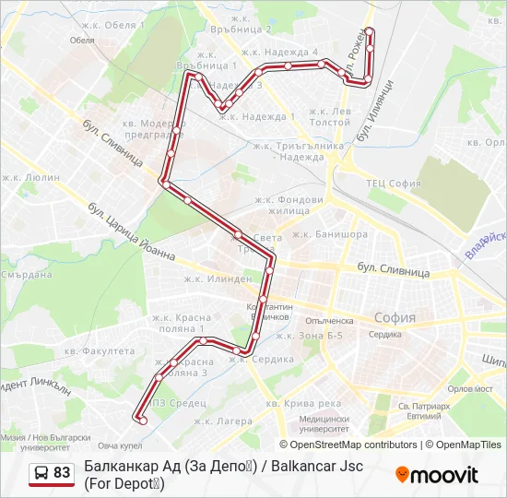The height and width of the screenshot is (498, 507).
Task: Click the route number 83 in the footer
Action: click(62, 473)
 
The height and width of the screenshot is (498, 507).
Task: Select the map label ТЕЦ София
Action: click(394, 183)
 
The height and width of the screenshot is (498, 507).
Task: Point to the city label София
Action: click(395, 317)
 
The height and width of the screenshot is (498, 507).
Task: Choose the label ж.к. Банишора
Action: click(329, 234)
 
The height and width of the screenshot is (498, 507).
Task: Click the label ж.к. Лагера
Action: click(222, 421)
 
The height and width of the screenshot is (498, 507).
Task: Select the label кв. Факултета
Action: click(100, 351)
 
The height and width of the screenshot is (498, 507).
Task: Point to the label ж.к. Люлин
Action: click(30, 177)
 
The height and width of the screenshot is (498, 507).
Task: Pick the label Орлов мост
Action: click(468, 388)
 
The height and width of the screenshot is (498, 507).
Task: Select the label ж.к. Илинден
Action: click(217, 279)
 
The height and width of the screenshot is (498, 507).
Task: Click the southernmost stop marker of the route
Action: click(142, 421)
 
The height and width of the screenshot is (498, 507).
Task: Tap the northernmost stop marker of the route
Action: click(370, 31)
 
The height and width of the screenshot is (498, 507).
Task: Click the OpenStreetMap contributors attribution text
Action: click(355, 445)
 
